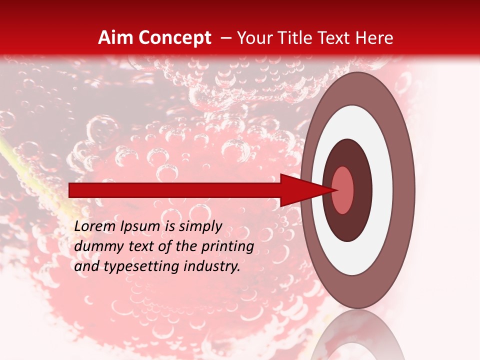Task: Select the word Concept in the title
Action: [x=174, y=38]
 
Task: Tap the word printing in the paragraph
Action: [x=227, y=246]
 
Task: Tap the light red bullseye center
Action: [x=343, y=190]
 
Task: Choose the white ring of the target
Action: [x=382, y=190]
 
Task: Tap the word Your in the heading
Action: [x=253, y=38]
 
